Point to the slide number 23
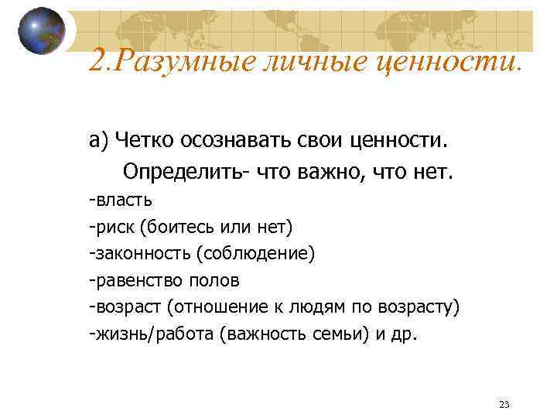(x=504, y=405)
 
